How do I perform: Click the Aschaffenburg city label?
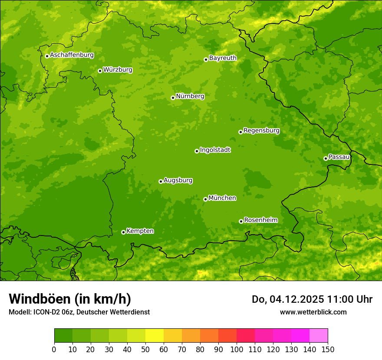click(72, 55)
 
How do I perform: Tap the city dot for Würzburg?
click(100, 71)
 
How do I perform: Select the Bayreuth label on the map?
click(223, 58)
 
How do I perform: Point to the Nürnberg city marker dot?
click(173, 98)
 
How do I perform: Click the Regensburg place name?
click(261, 131)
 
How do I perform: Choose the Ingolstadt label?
click(215, 150)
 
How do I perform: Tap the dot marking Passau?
click(326, 158)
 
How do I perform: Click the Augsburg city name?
click(178, 180)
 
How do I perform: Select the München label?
click(222, 198)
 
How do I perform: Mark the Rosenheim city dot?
click(241, 221)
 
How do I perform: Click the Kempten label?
click(140, 231)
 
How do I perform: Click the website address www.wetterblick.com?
click(313, 312)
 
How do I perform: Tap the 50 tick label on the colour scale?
click(145, 349)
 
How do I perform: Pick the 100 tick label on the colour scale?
click(236, 349)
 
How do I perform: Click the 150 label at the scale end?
click(327, 349)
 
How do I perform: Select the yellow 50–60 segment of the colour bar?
click(155, 336)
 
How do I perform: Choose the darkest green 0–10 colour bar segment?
click(63, 336)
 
